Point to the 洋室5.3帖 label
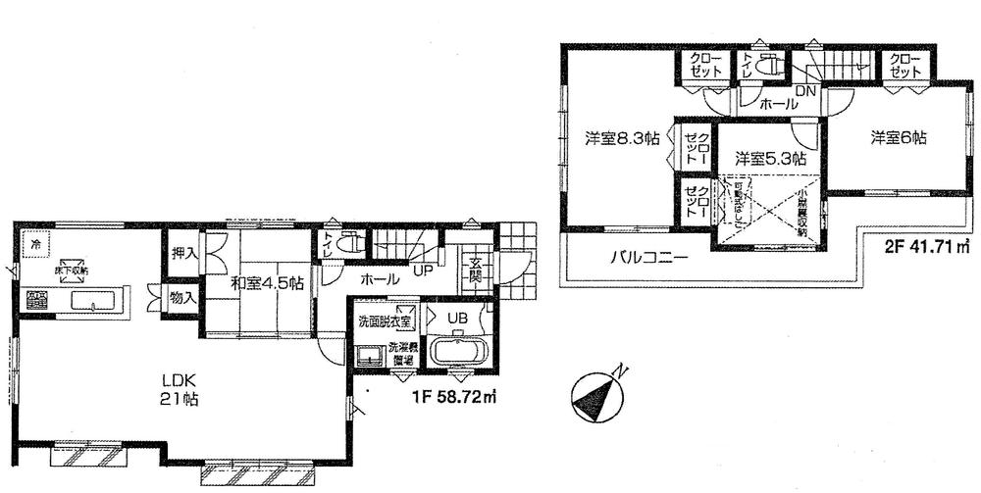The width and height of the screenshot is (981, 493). tap(770, 157)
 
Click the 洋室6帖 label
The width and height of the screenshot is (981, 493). tap(898, 138)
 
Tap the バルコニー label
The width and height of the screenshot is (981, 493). tap(645, 260)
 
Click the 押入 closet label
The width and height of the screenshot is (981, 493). tap(184, 254)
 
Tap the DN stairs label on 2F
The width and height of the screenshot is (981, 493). tap(806, 90)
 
